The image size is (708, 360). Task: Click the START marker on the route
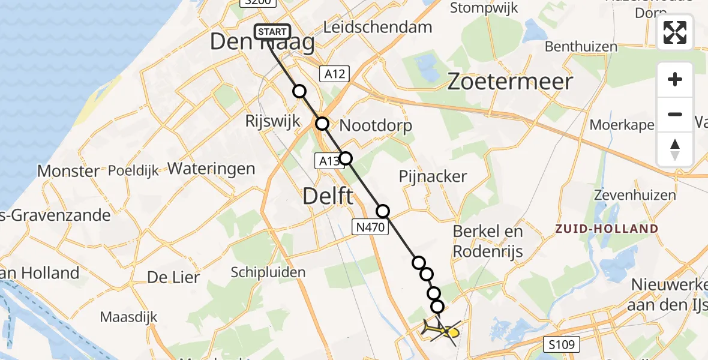(x=273, y=32)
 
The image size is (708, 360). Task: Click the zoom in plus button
(x=675, y=79)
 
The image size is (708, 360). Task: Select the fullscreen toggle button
(x=675, y=32)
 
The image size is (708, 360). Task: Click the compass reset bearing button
(x=675, y=149)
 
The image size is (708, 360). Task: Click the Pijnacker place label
(x=433, y=176)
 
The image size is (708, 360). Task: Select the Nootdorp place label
(x=376, y=126)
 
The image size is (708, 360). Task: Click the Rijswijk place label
(x=272, y=121)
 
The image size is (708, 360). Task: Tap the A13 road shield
(x=328, y=160)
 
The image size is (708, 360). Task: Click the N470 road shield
(x=367, y=226)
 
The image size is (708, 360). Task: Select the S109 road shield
(x=562, y=344)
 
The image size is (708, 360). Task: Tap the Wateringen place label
(x=211, y=169)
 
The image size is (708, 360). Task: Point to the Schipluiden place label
(x=268, y=273)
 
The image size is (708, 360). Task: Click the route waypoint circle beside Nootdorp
(x=323, y=124)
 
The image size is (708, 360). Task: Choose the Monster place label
(x=68, y=171)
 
